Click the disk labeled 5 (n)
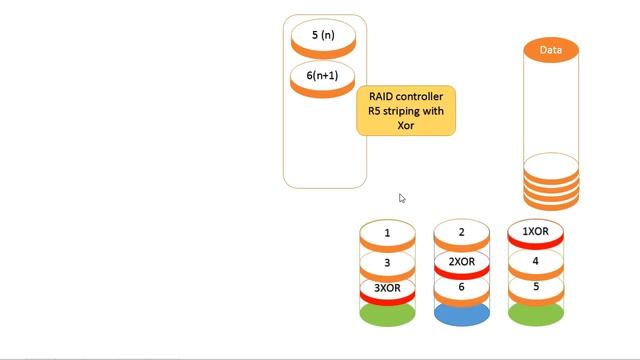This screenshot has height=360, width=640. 322,36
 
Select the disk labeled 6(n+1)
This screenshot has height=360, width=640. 322,77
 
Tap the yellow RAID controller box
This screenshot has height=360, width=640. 406,111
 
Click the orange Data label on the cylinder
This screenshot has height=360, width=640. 551,50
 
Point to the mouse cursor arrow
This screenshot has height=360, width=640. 401,197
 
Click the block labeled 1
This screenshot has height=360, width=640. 387,234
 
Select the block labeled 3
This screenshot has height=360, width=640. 387,262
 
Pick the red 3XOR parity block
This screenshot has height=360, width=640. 387,289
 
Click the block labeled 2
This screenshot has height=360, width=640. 461,233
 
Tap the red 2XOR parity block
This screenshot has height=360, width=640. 461,262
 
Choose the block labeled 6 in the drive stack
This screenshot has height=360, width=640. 461,288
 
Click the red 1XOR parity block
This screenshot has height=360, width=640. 535,232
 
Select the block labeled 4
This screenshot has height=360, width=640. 535,261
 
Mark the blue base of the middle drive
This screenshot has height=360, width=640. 461,314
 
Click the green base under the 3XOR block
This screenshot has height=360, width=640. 387,315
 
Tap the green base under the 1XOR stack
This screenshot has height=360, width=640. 535,315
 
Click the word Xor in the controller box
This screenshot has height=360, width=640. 406,126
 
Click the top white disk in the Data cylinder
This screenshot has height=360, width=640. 551,165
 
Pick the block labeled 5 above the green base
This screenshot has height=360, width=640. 535,287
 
